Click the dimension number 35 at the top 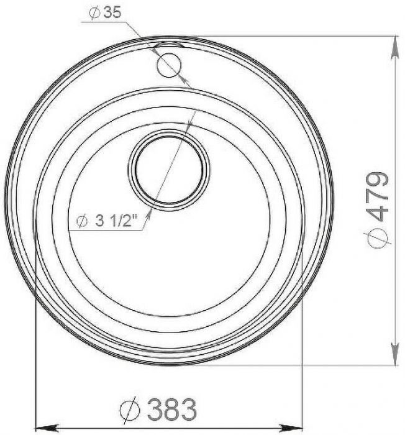coord(112,12)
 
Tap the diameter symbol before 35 coord(94,13)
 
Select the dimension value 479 coord(376,196)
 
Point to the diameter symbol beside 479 coord(377,237)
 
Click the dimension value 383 coord(171,409)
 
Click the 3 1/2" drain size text coord(117,221)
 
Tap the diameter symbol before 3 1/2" coord(82,221)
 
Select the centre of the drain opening coord(169,170)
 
